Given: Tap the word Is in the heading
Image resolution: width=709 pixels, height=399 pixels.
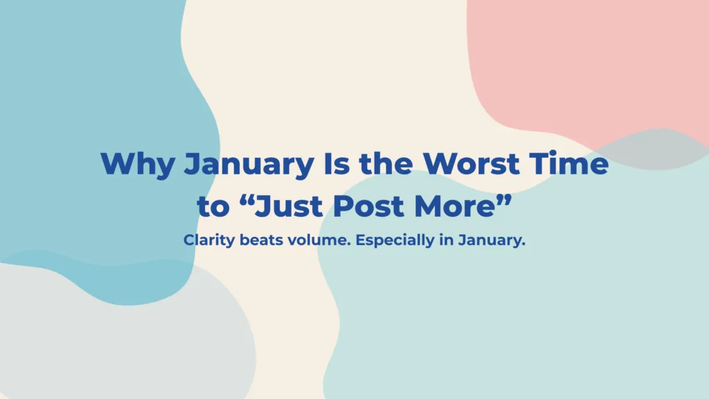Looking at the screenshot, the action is [x=336, y=163].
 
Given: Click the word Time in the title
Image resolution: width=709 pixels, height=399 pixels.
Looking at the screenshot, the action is [x=569, y=163].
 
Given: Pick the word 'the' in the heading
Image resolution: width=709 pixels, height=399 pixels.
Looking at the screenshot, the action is [x=386, y=163].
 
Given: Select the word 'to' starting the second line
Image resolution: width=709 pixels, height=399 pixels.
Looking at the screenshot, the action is [x=213, y=206].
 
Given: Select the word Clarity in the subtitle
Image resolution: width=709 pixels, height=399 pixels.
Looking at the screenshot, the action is [x=209, y=240].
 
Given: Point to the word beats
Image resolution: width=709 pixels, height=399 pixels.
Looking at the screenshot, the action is [x=261, y=240].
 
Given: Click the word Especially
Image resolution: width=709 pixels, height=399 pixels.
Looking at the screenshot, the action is [x=395, y=240].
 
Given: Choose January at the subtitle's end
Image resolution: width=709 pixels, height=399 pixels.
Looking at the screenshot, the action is [x=492, y=240].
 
